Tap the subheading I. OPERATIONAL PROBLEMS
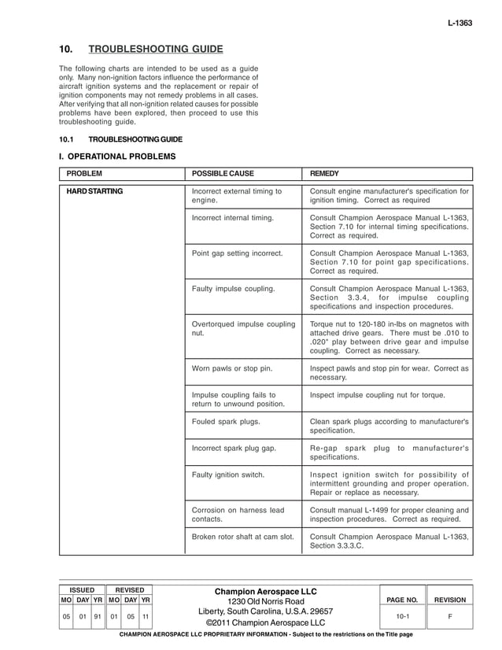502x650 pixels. pyautogui.click(x=117, y=157)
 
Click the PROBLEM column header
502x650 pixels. pyautogui.click(x=84, y=173)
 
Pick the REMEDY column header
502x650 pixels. pyautogui.click(x=325, y=173)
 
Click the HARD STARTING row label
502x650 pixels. pyautogui.click(x=94, y=191)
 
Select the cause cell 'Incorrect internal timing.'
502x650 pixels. pyautogui.click(x=233, y=216)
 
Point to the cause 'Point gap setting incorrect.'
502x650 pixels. pyautogui.click(x=237, y=253)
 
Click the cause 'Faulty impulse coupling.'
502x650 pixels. pyautogui.click(x=233, y=289)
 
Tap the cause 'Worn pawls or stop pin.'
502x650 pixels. pyautogui.click(x=231, y=368)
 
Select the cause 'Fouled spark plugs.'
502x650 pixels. pyautogui.click(x=226, y=421)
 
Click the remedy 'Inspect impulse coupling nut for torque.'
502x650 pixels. pyautogui.click(x=378, y=394)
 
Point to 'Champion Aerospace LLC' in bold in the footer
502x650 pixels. pyautogui.click(x=265, y=591)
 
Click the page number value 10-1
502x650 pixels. pyautogui.click(x=401, y=617)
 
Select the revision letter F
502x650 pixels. pyautogui.click(x=450, y=617)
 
